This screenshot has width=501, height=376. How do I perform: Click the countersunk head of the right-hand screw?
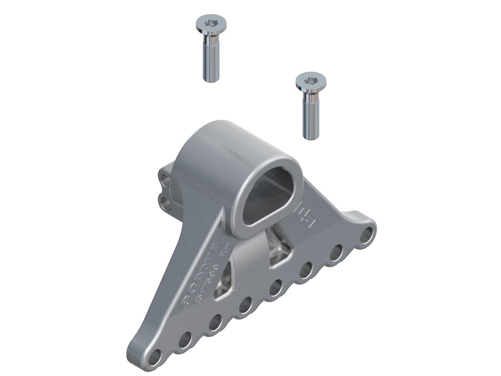pos(311,82)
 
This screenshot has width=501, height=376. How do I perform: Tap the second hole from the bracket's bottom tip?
pos(185,339)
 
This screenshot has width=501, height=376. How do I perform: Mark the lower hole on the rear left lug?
pos(166,203)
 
